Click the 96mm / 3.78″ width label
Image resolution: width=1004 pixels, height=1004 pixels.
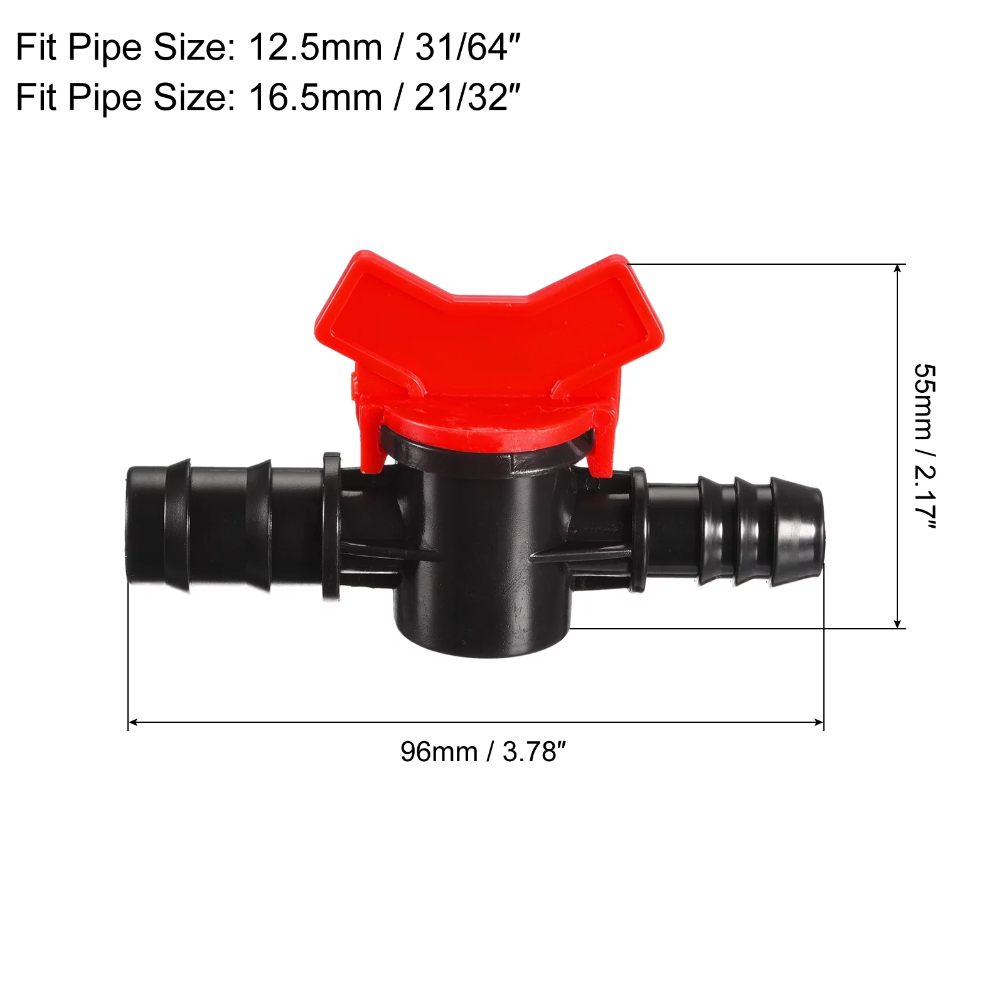pyautogui.click(x=483, y=752)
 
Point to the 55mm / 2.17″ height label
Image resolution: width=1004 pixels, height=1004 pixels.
pyautogui.click(x=924, y=446)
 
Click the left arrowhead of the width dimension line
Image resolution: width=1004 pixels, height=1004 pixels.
pyautogui.click(x=132, y=722)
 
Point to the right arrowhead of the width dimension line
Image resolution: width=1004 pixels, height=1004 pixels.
pyautogui.click(x=820, y=722)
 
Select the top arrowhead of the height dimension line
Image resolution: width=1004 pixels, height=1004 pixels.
pyautogui.click(x=898, y=269)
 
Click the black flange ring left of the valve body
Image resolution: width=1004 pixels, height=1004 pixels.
pyautogui.click(x=331, y=527)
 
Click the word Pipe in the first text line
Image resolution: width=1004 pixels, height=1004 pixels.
pyautogui.click(x=105, y=48)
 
